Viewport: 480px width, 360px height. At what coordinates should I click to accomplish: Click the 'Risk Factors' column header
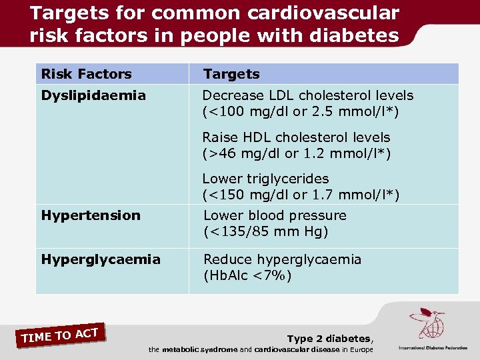click(87, 74)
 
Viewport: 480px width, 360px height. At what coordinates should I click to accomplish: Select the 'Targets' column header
click(231, 74)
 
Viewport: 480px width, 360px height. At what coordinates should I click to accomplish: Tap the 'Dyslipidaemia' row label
click(93, 96)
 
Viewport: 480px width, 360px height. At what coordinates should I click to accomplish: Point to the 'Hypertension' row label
click(91, 215)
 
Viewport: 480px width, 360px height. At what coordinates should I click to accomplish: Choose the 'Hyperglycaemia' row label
click(101, 259)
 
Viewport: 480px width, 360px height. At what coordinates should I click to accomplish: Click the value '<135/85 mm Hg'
click(267, 232)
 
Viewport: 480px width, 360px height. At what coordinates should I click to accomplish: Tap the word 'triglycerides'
click(289, 179)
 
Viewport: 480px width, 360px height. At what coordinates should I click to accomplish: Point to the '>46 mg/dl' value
click(240, 153)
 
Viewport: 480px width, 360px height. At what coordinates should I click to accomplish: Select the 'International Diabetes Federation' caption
click(433, 348)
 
